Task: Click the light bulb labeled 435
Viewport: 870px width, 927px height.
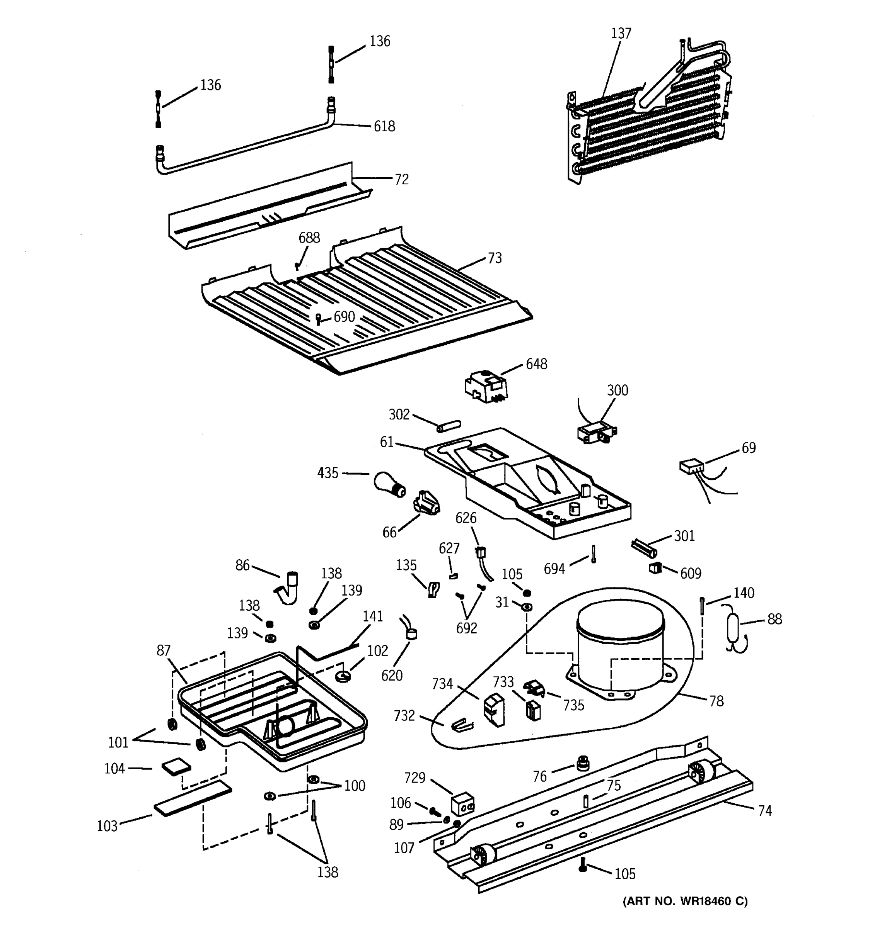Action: (x=389, y=484)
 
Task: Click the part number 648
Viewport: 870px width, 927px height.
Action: (x=536, y=364)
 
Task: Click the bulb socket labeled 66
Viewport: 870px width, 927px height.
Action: (x=426, y=504)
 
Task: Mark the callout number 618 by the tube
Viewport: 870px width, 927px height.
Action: (x=384, y=126)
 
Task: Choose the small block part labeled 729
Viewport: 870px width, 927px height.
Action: (x=462, y=804)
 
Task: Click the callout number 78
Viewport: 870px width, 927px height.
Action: (x=716, y=701)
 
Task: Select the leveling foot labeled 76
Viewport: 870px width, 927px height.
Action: (x=582, y=763)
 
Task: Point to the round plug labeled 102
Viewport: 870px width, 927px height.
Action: (x=343, y=675)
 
